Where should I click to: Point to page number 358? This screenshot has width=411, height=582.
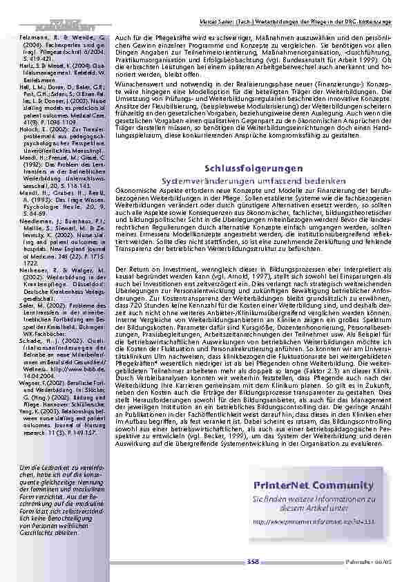pos(253,563)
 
